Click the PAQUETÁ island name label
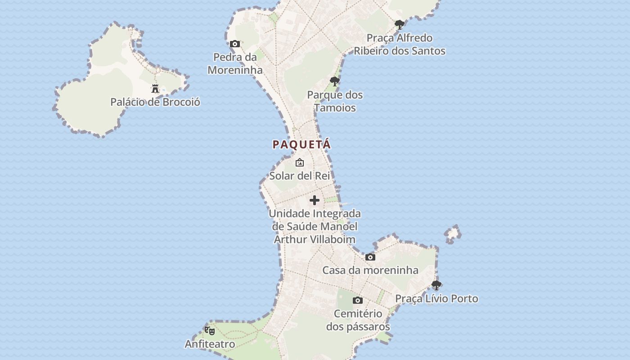tap(301, 144)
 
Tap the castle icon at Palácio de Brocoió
tap(155, 89)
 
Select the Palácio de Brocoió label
tap(155, 102)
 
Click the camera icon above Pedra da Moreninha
tap(235, 44)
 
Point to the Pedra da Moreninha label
tap(235, 63)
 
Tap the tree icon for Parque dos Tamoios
tap(334, 81)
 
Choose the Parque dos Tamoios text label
tap(335, 101)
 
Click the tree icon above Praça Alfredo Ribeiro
tap(399, 25)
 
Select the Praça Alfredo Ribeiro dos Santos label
tap(400, 44)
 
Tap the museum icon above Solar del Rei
tap(300, 162)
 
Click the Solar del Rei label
tap(300, 175)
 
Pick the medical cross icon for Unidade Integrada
tap(315, 200)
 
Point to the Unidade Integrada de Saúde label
tap(315, 226)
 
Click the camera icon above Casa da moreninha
tap(370, 257)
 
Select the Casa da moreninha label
tap(370, 270)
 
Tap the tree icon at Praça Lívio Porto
tap(436, 285)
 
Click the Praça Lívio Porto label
tap(436, 299)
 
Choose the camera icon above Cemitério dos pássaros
tap(358, 301)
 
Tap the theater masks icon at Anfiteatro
tap(210, 331)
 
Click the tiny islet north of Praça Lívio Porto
tap(453, 234)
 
